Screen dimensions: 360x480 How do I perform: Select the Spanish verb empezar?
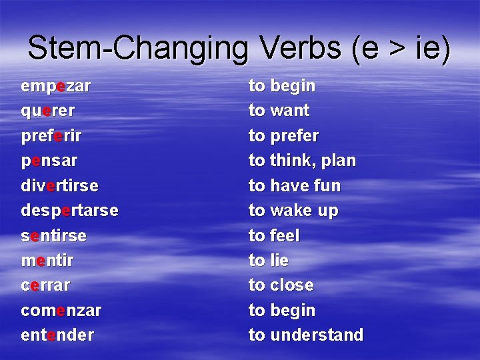(56, 86)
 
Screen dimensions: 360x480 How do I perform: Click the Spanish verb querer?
(48, 111)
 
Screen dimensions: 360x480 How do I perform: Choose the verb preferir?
(52, 135)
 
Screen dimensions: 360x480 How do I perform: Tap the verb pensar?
(49, 161)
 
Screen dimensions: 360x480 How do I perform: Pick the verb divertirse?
(59, 185)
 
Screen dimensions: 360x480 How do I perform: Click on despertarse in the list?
(69, 211)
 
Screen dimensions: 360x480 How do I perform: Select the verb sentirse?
(54, 235)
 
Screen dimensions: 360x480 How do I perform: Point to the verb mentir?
(47, 260)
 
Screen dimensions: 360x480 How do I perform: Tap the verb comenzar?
(61, 310)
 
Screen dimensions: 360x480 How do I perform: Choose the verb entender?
(57, 335)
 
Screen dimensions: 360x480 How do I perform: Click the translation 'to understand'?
(306, 335)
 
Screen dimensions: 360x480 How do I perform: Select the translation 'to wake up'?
(293, 211)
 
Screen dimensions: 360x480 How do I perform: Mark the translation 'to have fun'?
(294, 185)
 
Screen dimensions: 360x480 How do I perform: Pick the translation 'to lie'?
(269, 260)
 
